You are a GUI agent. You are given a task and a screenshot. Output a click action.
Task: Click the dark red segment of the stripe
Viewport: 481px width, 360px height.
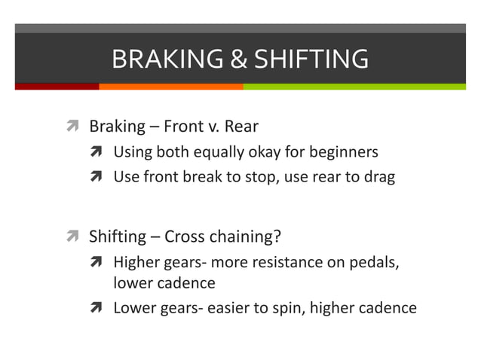point(57,87)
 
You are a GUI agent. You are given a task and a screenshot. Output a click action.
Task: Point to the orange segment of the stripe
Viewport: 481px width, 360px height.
point(170,87)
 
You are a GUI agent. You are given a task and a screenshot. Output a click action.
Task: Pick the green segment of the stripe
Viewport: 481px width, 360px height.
point(354,87)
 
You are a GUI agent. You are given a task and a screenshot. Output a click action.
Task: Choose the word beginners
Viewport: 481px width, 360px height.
point(343,152)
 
